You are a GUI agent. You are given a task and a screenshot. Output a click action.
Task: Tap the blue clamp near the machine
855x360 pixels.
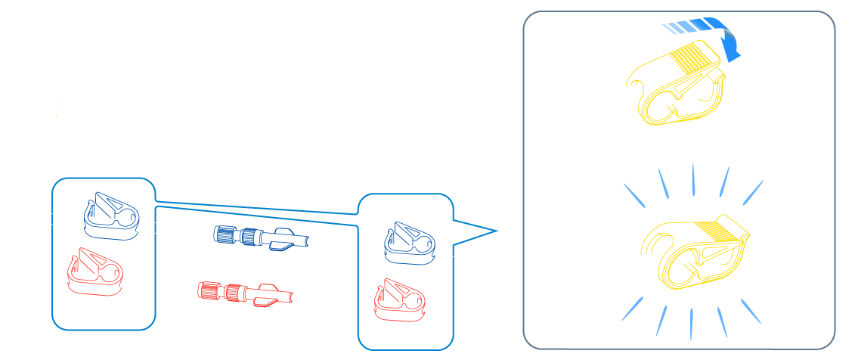tap(111, 215)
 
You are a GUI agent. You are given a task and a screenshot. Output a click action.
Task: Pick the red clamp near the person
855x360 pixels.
tap(399, 300)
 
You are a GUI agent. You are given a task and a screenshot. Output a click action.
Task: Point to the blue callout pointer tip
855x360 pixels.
tap(496, 229)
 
